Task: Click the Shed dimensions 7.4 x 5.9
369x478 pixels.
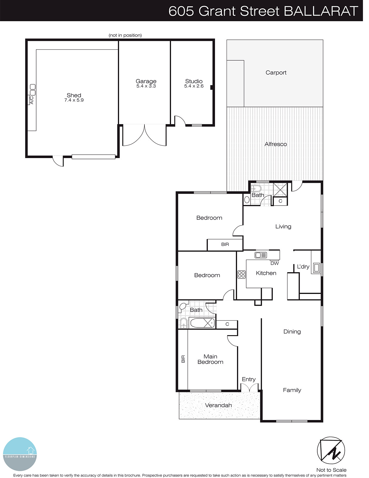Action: pyautogui.click(x=74, y=100)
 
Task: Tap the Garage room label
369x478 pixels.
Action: pyautogui.click(x=146, y=81)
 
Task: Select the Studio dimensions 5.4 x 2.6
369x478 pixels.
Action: pyautogui.click(x=194, y=86)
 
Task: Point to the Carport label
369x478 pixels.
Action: pyautogui.click(x=276, y=73)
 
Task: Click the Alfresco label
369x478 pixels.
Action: pyautogui.click(x=276, y=144)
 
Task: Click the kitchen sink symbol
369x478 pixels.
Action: pyautogui.click(x=261, y=255)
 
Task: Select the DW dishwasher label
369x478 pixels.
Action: pyautogui.click(x=274, y=263)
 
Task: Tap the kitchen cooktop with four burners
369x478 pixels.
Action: pyautogui.click(x=242, y=274)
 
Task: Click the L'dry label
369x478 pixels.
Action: pyautogui.click(x=303, y=266)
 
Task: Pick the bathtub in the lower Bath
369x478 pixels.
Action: pyautogui.click(x=202, y=323)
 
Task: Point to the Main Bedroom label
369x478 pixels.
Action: pyautogui.click(x=210, y=359)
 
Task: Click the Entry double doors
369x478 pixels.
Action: pyautogui.click(x=249, y=388)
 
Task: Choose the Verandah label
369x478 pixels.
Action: pyautogui.click(x=218, y=405)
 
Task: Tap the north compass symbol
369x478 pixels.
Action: pyautogui.click(x=331, y=451)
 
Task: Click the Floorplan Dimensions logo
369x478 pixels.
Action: pyautogui.click(x=20, y=454)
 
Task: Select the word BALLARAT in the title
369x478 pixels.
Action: pyautogui.click(x=321, y=11)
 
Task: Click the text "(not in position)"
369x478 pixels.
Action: pyautogui.click(x=125, y=35)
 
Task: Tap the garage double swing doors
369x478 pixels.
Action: pyautogui.click(x=144, y=135)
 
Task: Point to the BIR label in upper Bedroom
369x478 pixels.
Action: pyautogui.click(x=225, y=244)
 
